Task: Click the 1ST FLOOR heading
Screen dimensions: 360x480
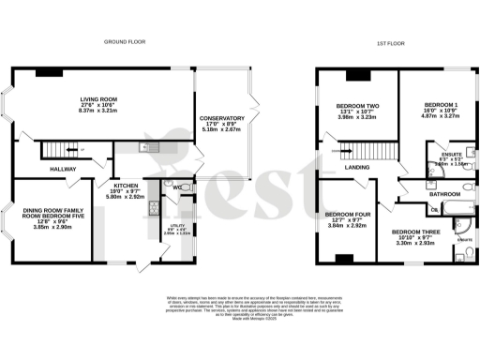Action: point(389,42)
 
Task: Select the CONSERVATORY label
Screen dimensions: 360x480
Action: point(222,118)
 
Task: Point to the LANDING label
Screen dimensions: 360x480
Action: point(357,168)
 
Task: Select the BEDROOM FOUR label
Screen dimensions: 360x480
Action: point(340,214)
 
